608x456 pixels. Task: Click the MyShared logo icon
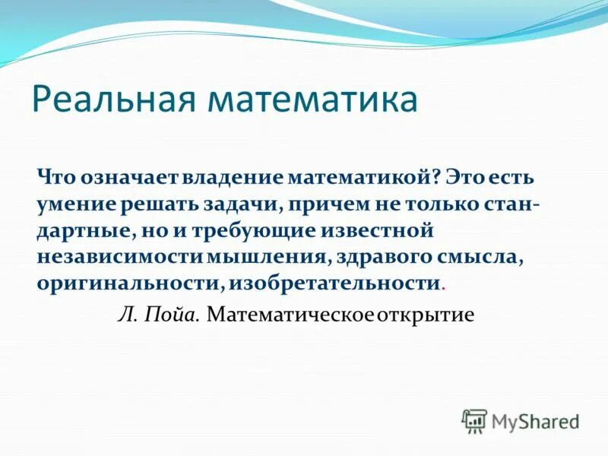[474, 420]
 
